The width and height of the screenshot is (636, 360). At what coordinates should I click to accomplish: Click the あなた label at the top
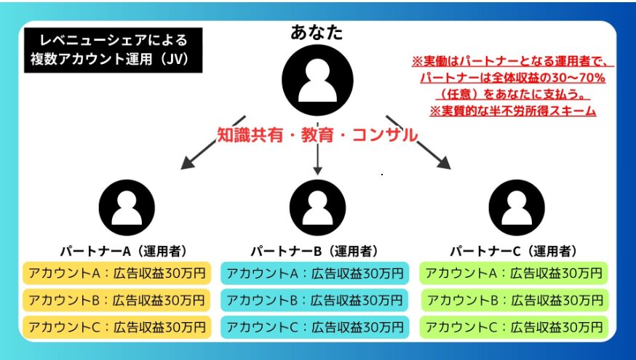coord(317,33)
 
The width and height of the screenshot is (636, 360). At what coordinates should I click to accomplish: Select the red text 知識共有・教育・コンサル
coord(317,134)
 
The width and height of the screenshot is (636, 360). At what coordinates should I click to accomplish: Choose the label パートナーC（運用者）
coord(513,251)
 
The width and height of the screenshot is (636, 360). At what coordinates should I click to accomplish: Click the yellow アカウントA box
coord(116,273)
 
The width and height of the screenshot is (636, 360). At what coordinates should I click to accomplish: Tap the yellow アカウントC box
coord(116,327)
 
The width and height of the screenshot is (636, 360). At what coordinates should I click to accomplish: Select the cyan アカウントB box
coord(313,300)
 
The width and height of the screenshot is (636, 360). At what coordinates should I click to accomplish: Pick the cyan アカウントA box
coord(313,273)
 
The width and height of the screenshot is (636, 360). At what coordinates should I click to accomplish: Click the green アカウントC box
coord(514,327)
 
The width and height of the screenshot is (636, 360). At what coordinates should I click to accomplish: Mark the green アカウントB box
coord(514,300)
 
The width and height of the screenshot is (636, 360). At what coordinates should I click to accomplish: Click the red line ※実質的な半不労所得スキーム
coord(512,111)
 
